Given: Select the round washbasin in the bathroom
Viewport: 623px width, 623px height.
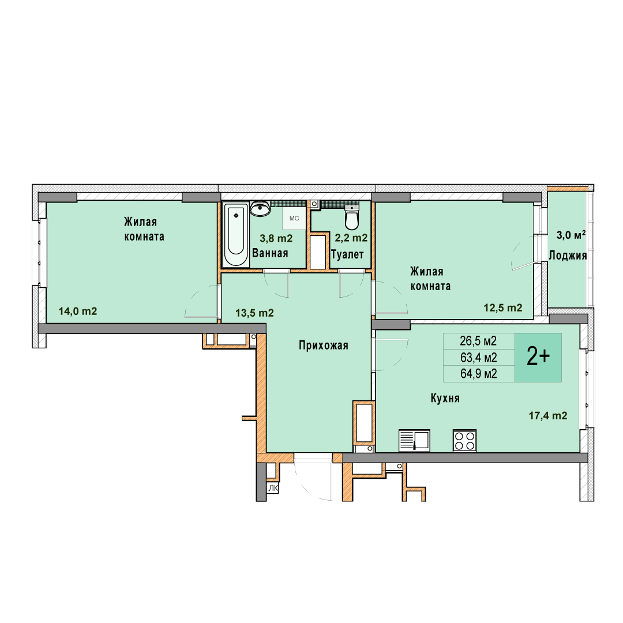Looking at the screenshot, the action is click(260, 209).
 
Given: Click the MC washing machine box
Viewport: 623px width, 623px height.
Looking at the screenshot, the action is click(294, 218).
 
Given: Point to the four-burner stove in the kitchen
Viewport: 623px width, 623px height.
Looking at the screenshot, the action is click(464, 441).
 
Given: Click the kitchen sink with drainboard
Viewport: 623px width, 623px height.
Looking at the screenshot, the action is click(414, 441).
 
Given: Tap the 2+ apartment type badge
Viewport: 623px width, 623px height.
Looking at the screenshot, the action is click(538, 357).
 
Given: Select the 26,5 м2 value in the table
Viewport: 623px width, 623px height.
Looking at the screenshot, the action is click(478, 341).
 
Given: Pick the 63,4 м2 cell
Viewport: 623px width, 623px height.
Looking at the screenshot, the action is click(478, 358).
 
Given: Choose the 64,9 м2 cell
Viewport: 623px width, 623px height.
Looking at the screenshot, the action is click(478, 374).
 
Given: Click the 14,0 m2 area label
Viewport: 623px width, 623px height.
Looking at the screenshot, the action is click(78, 311).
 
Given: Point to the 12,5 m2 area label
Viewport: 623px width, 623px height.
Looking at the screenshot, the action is click(503, 307).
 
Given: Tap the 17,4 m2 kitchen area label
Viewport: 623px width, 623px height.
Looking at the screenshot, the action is click(548, 415).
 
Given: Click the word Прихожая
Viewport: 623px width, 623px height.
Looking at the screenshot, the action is click(324, 346).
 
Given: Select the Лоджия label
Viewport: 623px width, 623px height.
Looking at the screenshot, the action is click(568, 256).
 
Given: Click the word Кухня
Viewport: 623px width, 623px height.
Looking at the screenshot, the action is click(445, 398).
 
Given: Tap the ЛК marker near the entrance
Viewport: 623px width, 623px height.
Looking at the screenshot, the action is click(273, 489).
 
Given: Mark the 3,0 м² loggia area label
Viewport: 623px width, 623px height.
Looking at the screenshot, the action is click(571, 235).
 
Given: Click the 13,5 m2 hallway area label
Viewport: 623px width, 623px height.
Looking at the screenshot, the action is click(255, 313).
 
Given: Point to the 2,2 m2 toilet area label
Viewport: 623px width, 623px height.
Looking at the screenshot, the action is click(351, 238).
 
